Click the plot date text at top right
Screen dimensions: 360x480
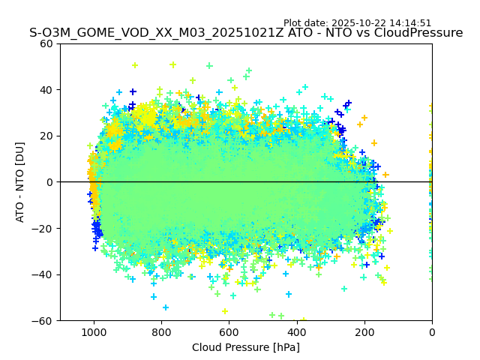pos(357,23)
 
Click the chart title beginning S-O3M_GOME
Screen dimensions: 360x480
pos(246,33)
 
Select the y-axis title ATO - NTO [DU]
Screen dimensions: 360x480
pos(20,182)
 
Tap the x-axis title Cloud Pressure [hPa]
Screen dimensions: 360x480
pos(246,347)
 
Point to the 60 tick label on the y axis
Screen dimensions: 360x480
pos(47,43)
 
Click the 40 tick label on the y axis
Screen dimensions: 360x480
pos(47,90)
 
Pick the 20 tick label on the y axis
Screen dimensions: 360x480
pos(47,136)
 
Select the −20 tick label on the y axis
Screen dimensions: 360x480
pos(44,228)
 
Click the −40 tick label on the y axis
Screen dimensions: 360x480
pos(44,274)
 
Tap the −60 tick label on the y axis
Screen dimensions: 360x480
pos(44,320)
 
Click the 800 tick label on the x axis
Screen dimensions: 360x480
pos(161,331)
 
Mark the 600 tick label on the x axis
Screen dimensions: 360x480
pos(229,331)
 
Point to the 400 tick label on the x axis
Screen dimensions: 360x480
pos(296,331)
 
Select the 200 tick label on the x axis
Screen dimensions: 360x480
pos(364,331)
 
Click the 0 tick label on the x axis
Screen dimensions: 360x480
pos(432,331)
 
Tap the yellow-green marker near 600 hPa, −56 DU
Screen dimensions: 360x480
pos(224,311)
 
